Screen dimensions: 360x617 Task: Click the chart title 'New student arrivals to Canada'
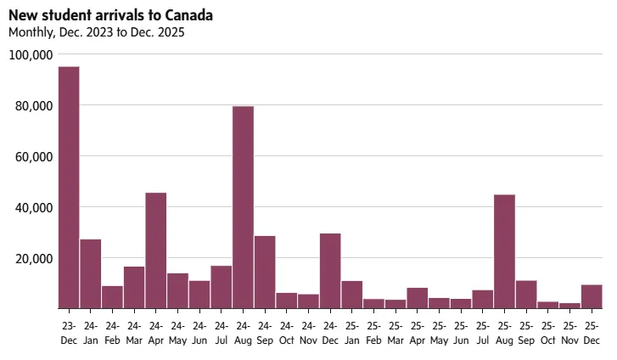(110, 16)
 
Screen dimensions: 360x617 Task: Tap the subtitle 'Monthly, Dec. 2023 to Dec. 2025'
(96, 33)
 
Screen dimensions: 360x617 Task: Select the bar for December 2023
(69, 187)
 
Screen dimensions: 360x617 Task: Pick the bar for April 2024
(156, 250)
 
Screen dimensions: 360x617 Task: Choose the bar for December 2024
(330, 270)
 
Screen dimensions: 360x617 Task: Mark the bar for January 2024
(91, 273)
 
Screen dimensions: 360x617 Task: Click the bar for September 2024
(265, 272)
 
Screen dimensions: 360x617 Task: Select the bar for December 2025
(592, 296)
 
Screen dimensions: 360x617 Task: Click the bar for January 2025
(352, 294)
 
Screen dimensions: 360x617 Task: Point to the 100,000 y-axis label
(31, 55)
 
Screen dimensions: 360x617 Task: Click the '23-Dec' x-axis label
(69, 333)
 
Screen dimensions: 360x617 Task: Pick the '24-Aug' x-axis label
(243, 333)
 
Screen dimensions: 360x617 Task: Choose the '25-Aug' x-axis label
(504, 333)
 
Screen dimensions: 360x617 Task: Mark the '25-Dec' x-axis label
(592, 333)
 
